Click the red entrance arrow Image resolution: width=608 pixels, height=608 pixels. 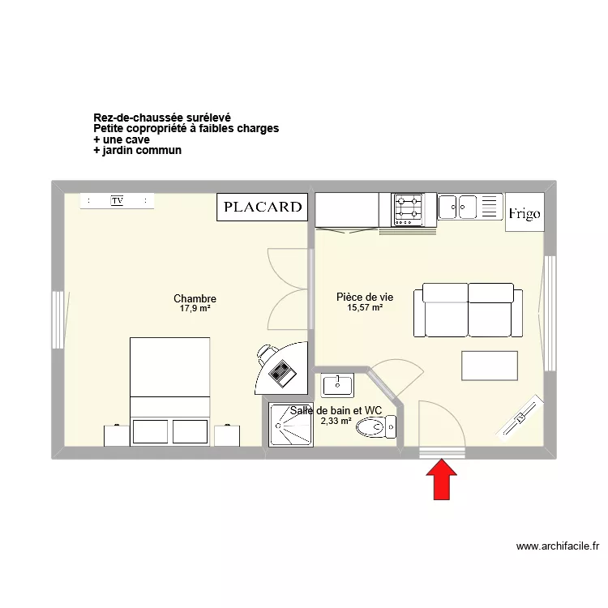(442, 480)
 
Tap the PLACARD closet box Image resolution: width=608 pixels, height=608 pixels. (263, 207)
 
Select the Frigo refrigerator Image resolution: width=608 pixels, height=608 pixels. (525, 213)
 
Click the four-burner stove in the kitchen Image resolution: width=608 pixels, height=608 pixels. (408, 209)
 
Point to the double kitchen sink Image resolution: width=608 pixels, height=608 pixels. (458, 207)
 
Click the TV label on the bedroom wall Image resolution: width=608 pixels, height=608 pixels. (117, 200)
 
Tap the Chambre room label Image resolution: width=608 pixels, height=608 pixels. (195, 299)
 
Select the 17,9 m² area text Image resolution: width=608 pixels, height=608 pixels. (195, 309)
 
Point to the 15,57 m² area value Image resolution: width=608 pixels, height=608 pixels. (365, 307)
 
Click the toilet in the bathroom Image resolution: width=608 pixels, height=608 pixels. (378, 426)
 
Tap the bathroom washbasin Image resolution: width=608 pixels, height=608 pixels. (336, 384)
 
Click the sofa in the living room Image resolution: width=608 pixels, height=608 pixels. (469, 310)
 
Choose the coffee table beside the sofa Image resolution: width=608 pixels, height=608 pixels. (489, 365)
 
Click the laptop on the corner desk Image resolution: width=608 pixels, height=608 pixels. (282, 374)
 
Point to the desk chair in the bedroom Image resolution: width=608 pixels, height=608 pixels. (266, 353)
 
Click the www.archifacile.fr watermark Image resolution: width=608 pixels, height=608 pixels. (557, 546)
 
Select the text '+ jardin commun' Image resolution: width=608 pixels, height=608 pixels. (137, 150)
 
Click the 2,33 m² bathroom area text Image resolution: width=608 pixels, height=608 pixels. (336, 421)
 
